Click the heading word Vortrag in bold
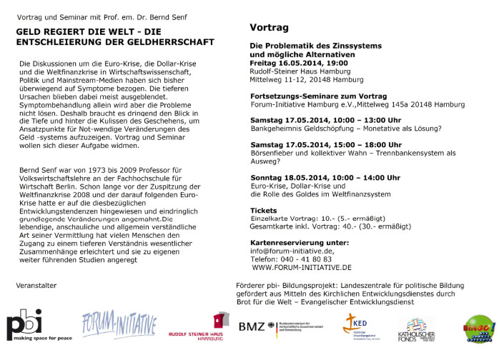pyautogui.click(x=269, y=28)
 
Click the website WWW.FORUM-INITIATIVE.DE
pyautogui.click(x=302, y=267)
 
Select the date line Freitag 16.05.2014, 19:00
pyautogui.click(x=299, y=63)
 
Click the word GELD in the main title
pyautogui.click(x=31, y=33)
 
